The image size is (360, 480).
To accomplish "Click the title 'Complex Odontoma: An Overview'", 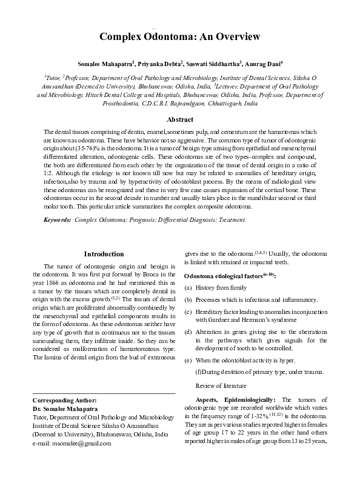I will (180, 37).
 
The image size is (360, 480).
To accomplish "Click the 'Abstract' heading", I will (180, 120).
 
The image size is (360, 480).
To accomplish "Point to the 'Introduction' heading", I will (104, 254).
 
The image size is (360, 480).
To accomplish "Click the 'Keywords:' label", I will (57, 219).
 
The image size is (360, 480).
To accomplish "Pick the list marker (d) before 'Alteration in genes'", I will (188, 332).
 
